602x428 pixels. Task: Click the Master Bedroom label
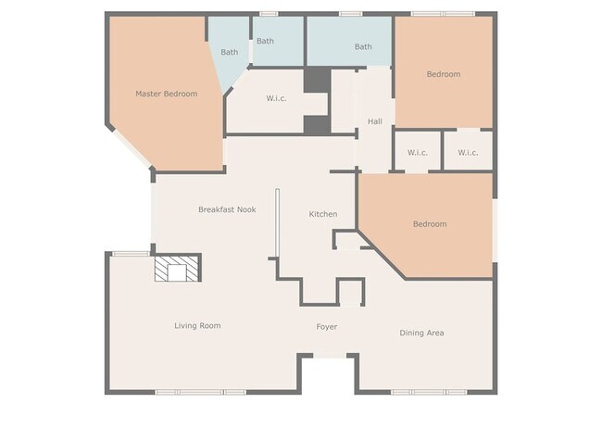click(166, 94)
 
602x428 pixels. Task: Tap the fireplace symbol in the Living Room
click(178, 268)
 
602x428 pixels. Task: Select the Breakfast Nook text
click(227, 209)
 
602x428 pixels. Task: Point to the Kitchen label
click(323, 214)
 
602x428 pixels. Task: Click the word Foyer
click(327, 327)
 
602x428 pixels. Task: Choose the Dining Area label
click(421, 333)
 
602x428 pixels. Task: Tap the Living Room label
click(197, 326)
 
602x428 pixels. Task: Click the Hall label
click(375, 121)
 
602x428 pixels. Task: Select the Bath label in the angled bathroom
click(229, 52)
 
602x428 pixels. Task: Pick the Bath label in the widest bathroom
click(363, 47)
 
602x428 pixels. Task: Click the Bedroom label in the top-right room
click(444, 74)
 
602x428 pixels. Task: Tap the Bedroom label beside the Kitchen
click(430, 224)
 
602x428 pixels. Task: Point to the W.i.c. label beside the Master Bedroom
click(276, 98)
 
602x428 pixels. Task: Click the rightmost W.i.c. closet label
click(468, 153)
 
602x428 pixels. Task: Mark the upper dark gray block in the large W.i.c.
click(318, 80)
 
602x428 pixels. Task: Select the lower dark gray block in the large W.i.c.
click(317, 125)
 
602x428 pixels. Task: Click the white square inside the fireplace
click(177, 272)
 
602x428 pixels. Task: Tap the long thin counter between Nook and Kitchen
click(277, 222)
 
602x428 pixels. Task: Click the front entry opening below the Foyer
click(331, 356)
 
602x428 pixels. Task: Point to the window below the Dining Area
click(429, 392)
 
